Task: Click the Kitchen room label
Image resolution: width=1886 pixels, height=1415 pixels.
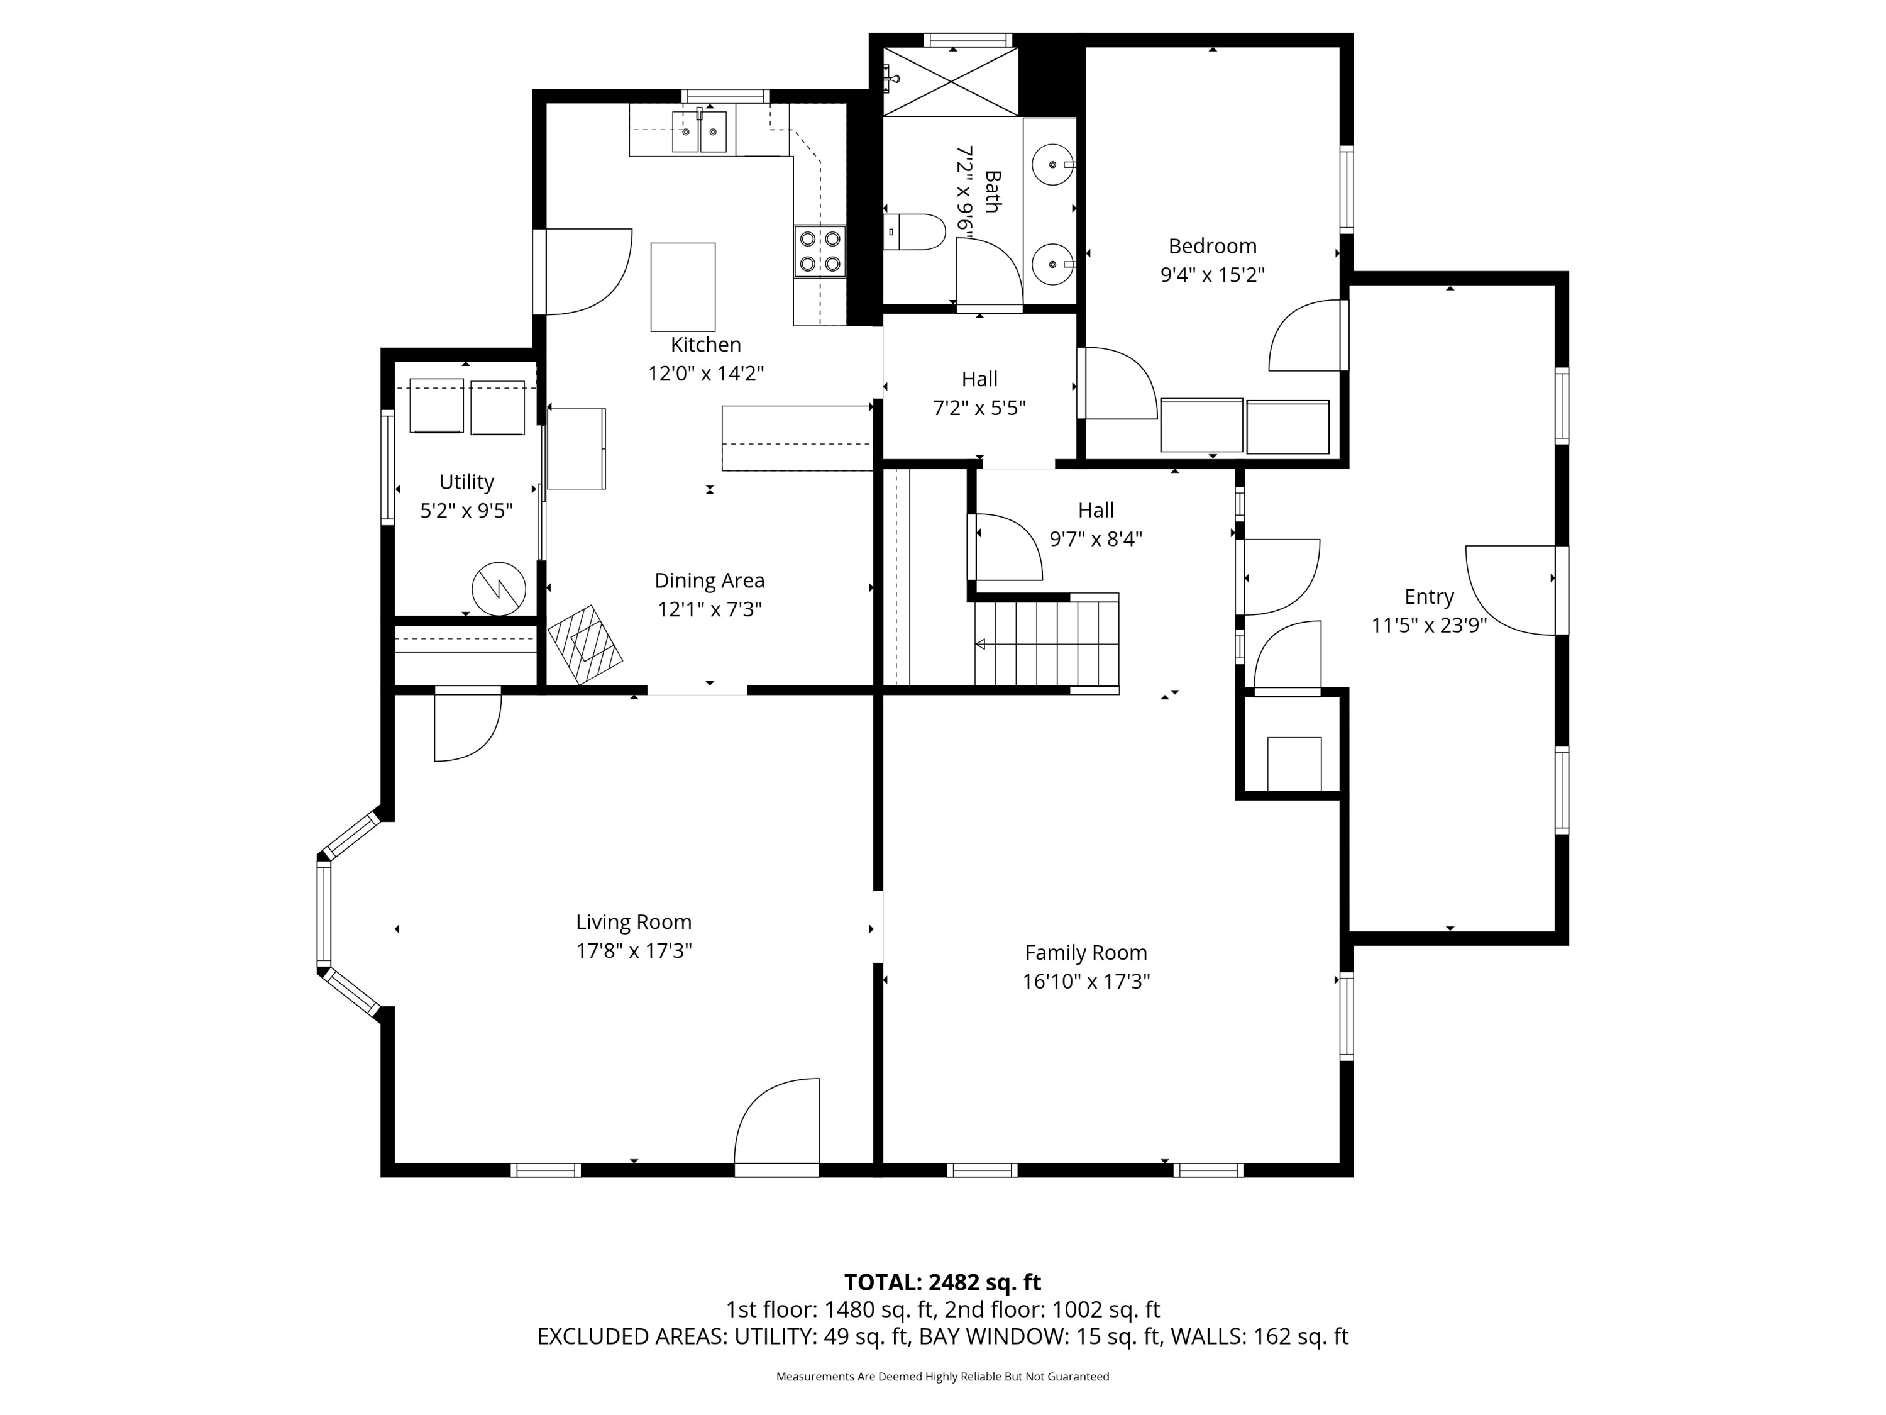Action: (705, 345)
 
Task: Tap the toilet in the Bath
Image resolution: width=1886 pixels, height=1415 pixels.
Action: (914, 231)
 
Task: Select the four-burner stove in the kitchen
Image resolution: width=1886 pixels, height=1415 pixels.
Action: (819, 252)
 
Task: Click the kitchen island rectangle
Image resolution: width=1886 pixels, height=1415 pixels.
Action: (683, 287)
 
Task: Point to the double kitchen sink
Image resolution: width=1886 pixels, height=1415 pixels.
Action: (699, 131)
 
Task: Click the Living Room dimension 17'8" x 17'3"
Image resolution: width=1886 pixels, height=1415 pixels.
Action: (634, 950)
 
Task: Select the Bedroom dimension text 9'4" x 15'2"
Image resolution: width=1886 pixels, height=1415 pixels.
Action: (1211, 275)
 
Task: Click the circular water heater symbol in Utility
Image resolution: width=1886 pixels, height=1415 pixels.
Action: (499, 589)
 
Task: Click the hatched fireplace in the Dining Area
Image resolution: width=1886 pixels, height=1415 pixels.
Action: (585, 645)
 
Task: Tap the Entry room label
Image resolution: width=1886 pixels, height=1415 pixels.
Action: (1429, 597)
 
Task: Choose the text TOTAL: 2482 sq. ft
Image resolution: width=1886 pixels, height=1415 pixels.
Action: (942, 1282)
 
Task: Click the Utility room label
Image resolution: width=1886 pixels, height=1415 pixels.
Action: (466, 482)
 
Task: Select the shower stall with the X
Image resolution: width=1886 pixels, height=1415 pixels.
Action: (951, 82)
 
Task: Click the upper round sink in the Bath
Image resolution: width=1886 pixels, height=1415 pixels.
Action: (1053, 164)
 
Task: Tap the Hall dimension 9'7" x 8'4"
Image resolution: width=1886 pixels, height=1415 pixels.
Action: (1096, 539)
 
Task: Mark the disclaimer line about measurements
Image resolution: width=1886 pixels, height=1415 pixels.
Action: (942, 1376)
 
